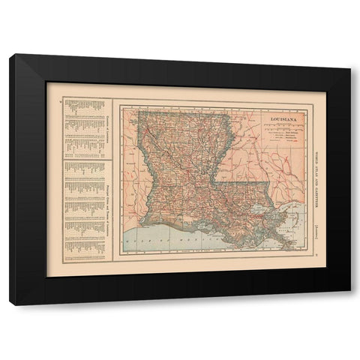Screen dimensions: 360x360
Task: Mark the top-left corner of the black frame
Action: pos(10,55)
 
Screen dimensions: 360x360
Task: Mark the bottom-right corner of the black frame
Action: pos(350,305)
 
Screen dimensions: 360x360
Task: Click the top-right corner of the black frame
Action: pos(350,55)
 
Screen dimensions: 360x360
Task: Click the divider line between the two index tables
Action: pos(85,157)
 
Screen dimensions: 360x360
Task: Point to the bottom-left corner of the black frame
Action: pos(10,305)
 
